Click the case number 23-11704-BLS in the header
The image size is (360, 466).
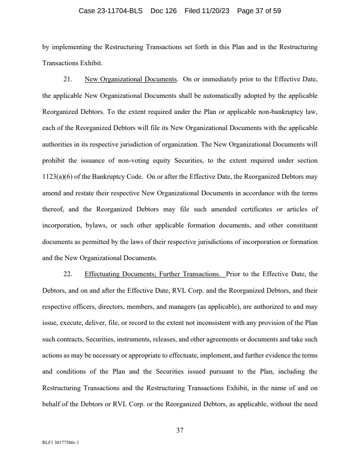112,11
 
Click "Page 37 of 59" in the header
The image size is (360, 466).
259,11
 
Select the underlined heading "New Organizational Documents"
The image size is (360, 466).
131,79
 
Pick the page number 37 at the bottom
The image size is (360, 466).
180,430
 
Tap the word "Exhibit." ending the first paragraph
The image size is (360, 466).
92,63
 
